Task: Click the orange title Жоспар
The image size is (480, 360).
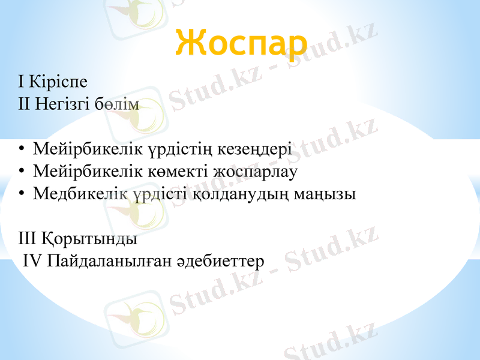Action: coord(242,42)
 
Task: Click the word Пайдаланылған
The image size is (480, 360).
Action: coord(110,262)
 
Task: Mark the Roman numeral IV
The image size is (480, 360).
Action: coord(32,261)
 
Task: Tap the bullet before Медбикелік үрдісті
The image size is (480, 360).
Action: coord(22,194)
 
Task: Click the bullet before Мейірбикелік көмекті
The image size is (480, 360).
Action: coord(22,172)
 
